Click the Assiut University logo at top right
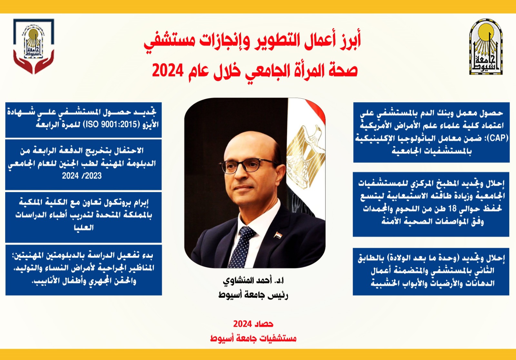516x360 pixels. tap(486, 47)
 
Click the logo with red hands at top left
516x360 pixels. tap(34, 46)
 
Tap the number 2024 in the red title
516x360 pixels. tap(168, 71)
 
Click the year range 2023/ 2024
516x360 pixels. tap(82, 176)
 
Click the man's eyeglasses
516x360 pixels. tap(249, 165)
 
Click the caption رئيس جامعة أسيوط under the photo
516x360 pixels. tap(253, 295)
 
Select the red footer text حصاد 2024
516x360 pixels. tap(253, 324)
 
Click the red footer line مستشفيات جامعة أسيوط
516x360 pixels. tap(253, 338)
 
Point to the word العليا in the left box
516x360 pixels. tap(84, 228)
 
